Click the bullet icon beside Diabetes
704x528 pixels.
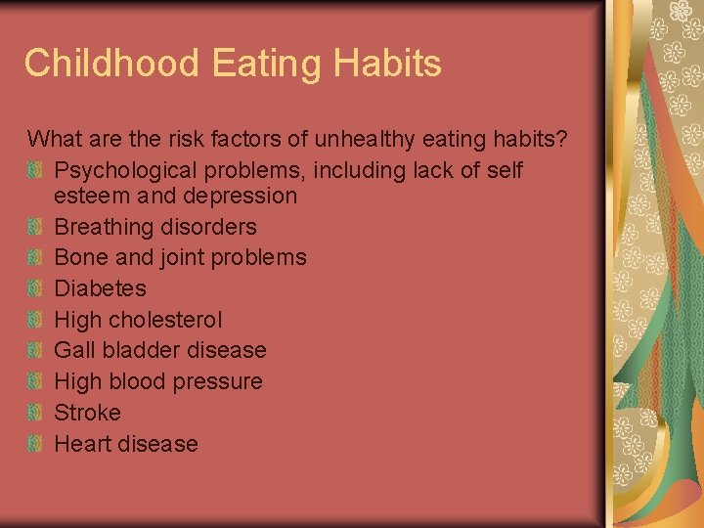35,288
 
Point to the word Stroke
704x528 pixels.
87,413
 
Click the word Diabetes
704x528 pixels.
100,288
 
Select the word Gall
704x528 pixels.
74,350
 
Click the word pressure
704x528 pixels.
218,381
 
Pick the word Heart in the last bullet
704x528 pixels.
82,444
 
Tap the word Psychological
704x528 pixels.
119,170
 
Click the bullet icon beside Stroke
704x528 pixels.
35,413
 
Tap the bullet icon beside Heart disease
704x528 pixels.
35,444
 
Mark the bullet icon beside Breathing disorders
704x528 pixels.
35,227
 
